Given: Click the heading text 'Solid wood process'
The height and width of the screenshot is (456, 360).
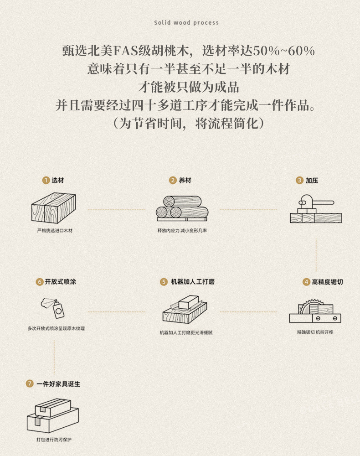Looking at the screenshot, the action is click(186, 22).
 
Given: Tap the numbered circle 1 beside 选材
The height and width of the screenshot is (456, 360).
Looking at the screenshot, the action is click(46, 180).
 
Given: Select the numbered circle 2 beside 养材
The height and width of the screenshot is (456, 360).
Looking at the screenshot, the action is click(173, 180).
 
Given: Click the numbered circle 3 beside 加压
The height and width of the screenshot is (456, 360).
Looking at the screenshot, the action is click(299, 180).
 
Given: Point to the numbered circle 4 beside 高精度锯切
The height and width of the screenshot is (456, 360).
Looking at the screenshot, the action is click(306, 282).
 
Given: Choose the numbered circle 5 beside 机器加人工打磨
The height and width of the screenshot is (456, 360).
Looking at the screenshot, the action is click(164, 282).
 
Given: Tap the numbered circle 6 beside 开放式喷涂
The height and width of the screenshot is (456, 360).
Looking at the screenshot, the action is click(39, 282).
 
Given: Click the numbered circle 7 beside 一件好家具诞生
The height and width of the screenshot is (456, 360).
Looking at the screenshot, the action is click(30, 384).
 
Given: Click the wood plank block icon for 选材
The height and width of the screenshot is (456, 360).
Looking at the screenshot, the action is click(54, 207).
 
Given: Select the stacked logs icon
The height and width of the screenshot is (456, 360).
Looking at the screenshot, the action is click(182, 207).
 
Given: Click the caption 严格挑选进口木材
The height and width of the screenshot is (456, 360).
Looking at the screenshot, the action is click(54, 231).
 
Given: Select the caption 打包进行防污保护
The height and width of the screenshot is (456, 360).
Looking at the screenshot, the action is click(54, 440).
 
